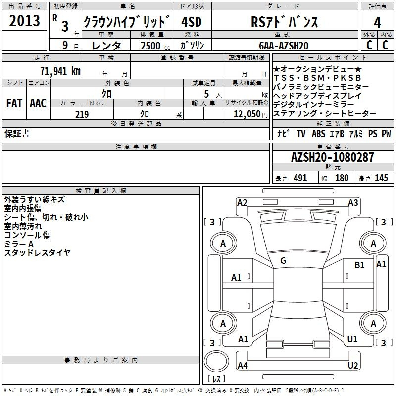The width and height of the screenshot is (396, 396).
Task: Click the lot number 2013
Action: click(x=24, y=21)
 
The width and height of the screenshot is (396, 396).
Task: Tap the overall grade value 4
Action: click(x=377, y=23)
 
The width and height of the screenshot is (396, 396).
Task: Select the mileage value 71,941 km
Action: click(x=60, y=71)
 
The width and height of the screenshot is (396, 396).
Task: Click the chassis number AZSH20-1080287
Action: click(x=332, y=157)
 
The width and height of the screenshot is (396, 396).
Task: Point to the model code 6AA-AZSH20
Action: click(x=284, y=46)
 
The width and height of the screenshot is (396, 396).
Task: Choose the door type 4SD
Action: click(x=192, y=22)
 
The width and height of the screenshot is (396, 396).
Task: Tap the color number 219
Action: click(x=82, y=114)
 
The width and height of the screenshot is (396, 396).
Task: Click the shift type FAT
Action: click(x=14, y=103)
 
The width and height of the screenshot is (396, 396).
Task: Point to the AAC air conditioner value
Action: click(x=38, y=103)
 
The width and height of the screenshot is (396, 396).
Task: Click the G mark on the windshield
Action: click(x=283, y=261)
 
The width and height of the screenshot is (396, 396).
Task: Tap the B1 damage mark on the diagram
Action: click(x=359, y=265)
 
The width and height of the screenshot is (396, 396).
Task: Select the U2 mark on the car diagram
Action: click(x=353, y=365)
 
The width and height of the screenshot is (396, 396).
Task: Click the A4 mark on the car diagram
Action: click(x=243, y=365)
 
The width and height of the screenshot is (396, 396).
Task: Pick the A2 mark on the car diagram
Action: click(x=242, y=203)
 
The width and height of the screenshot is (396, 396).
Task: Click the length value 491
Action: click(x=300, y=178)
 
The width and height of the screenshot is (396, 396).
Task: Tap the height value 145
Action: click(x=381, y=178)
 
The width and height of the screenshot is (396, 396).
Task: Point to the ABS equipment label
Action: click(x=318, y=133)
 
